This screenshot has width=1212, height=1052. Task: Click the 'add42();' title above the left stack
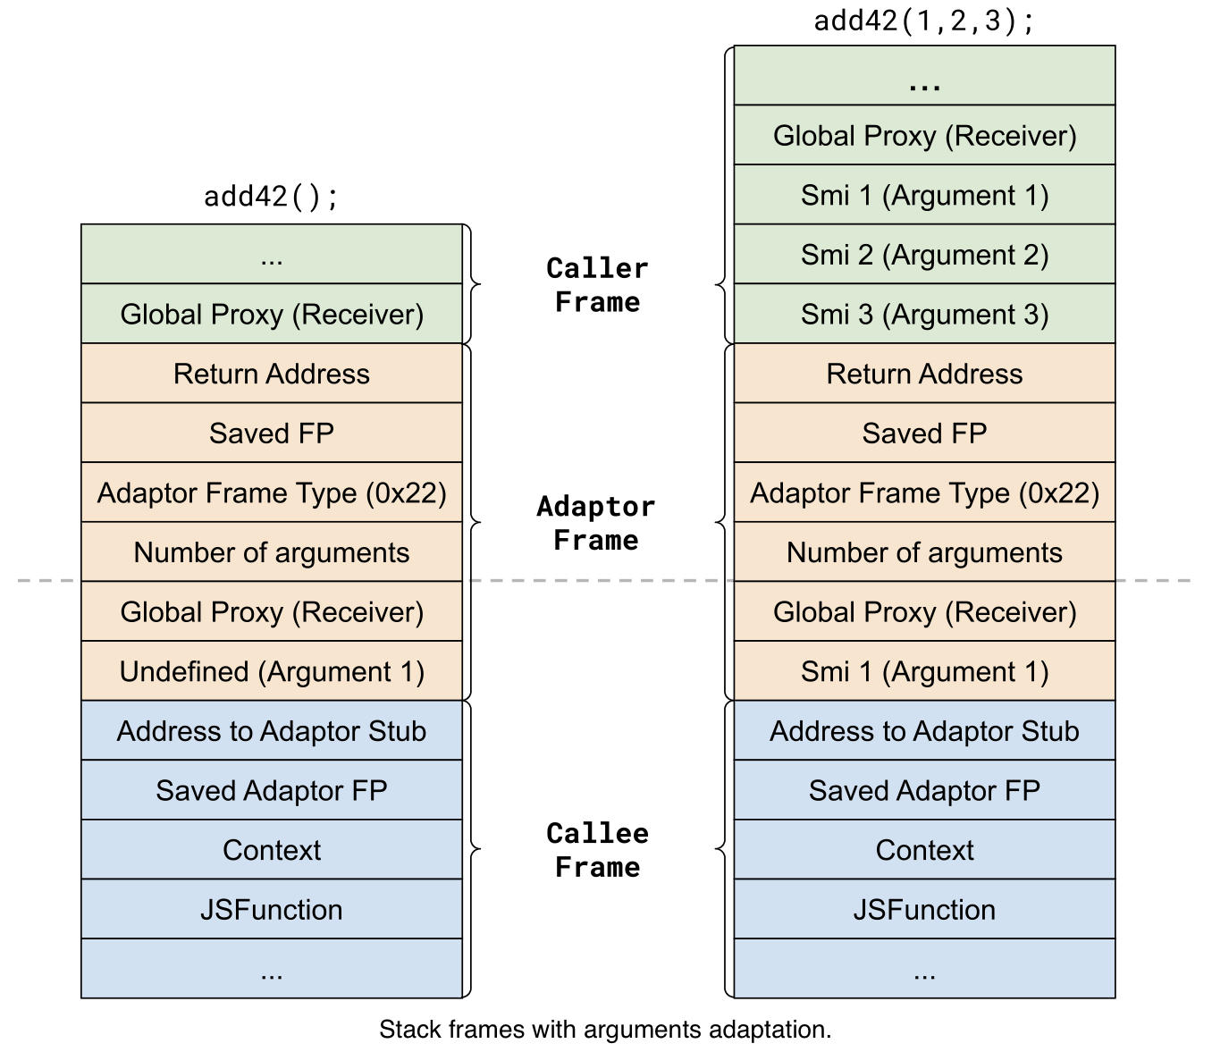(271, 196)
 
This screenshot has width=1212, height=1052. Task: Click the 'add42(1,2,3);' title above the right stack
(924, 20)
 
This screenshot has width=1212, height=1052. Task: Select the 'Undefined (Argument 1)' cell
(272, 671)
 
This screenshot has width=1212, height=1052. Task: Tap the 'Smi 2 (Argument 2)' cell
(924, 255)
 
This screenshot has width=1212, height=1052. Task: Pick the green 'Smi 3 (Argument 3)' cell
(924, 315)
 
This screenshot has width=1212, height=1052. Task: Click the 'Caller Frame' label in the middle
(597, 285)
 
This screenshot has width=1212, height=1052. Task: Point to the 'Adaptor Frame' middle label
(596, 523)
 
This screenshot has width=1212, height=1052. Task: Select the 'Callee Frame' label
(597, 850)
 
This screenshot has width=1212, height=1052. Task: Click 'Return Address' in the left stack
(272, 374)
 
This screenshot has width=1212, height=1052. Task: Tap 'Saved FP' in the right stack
(924, 433)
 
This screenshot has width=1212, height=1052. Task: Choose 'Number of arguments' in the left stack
(272, 552)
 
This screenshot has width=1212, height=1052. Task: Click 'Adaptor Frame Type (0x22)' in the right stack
(924, 492)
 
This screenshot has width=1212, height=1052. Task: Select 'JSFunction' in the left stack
(272, 910)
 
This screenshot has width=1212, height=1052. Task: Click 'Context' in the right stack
(924, 850)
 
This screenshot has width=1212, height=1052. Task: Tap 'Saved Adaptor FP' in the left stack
(272, 791)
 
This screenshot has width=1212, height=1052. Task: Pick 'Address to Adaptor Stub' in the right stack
(924, 731)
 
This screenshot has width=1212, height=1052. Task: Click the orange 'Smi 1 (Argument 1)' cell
(924, 671)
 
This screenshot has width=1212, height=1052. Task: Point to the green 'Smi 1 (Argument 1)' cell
(924, 196)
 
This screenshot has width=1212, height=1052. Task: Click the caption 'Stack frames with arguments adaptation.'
(605, 1030)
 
